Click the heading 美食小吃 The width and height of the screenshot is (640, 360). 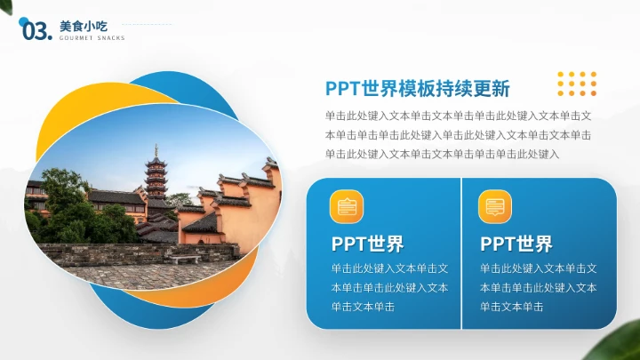[76, 26]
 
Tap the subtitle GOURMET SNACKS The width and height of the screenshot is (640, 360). [92, 38]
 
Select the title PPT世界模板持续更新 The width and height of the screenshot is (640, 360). [417, 89]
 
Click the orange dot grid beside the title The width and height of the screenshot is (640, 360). [576, 83]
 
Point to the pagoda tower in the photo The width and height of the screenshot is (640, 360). [156, 174]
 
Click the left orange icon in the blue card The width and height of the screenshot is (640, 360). [347, 206]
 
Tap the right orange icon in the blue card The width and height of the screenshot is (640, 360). [495, 206]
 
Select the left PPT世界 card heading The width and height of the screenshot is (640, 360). [367, 244]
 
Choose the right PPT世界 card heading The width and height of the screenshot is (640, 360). [516, 244]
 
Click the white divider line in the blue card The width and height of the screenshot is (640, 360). [461, 253]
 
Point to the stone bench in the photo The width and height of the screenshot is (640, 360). [184, 259]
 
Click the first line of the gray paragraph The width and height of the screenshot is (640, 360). [458, 116]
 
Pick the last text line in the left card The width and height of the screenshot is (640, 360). [363, 307]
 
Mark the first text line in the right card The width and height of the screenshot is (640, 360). [538, 268]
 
